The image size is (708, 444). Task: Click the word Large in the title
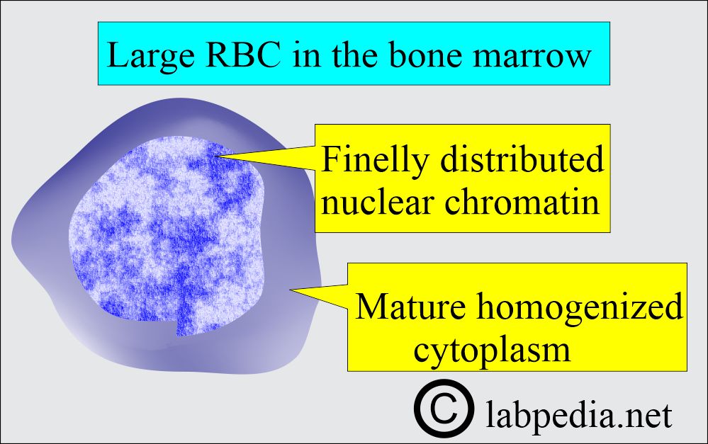coord(151,56)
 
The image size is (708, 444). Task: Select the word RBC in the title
coord(244,55)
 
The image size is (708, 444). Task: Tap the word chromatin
coord(522,202)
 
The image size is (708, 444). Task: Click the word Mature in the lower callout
coord(410,306)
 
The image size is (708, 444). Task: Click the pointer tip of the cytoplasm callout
coord(290,290)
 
